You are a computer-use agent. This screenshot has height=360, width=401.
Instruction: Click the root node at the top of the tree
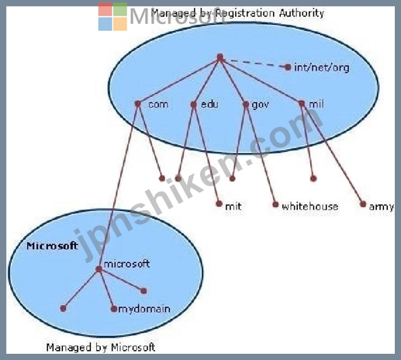220,57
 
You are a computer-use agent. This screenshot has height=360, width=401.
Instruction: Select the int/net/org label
322,67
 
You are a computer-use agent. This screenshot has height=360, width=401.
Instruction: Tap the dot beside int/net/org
288,67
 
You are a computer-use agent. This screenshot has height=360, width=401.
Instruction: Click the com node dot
138,104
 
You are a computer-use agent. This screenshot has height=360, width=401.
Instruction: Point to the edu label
209,104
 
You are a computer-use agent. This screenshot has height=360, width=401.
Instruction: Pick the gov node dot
246,105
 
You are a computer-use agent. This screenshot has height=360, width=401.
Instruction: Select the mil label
316,104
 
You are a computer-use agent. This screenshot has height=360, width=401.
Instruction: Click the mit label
233,206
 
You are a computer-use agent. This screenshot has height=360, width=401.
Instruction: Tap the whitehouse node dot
275,205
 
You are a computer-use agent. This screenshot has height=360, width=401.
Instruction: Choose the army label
382,206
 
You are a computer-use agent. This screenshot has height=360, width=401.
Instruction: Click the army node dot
363,204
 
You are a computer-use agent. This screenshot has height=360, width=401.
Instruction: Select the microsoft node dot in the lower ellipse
99,269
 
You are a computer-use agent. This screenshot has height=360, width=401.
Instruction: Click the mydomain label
144,309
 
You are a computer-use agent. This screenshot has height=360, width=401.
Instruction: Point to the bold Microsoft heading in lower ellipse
52,246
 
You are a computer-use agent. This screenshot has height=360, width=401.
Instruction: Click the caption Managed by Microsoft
101,348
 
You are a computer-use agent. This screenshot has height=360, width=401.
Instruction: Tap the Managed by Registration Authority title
237,13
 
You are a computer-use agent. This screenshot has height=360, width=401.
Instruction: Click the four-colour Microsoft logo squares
112,16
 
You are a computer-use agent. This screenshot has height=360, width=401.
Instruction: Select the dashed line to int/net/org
255,64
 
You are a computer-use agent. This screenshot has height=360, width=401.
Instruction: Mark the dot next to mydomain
114,309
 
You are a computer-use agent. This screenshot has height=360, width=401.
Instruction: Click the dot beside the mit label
219,204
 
